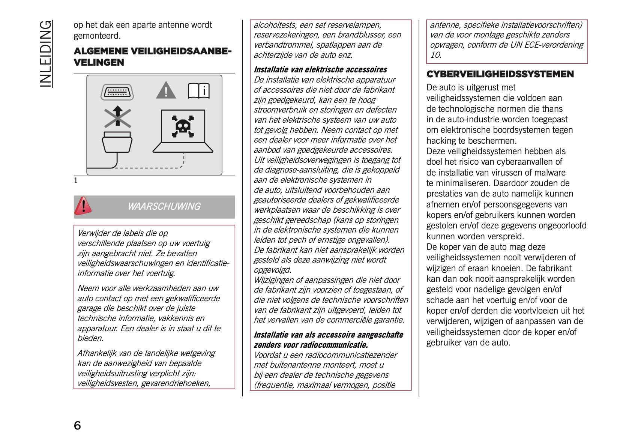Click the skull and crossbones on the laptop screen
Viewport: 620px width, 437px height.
pos(183,126)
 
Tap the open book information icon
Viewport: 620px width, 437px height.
pos(198,91)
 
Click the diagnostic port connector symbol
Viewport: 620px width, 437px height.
pos(117,92)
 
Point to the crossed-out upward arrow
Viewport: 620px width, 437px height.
pos(117,117)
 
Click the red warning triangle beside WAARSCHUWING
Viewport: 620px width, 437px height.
pos(83,206)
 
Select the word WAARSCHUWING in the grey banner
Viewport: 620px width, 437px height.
pos(164,206)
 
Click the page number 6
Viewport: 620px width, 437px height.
pos(77,425)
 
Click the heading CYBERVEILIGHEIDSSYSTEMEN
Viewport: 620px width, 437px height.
pos(500,74)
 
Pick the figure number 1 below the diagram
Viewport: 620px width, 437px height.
pos(76,181)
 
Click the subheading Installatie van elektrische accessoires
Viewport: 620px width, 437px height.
pos(320,69)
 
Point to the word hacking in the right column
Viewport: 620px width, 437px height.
pos(441,141)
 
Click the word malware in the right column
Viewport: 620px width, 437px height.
pos(551,173)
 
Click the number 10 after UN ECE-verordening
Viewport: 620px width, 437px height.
pos(435,55)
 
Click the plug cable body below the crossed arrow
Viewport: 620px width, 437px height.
pos(117,143)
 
